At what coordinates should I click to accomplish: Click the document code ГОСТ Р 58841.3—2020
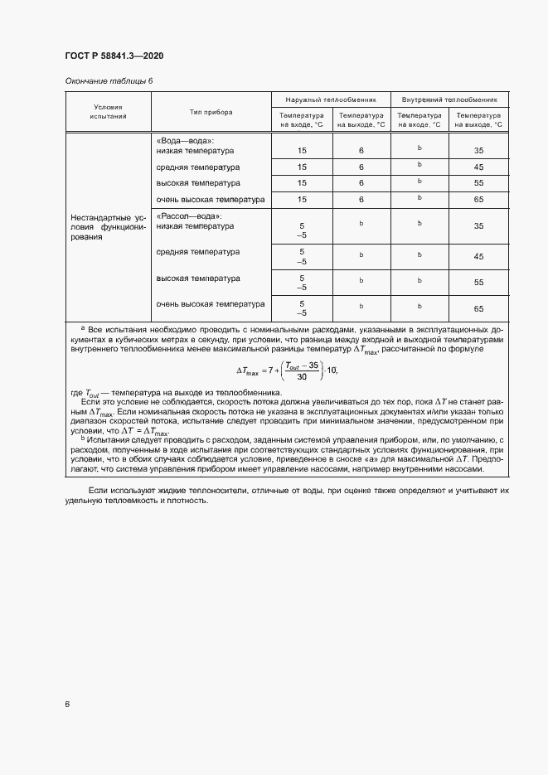point(114,56)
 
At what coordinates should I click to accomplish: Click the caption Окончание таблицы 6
point(109,80)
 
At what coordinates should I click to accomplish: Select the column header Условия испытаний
point(108,113)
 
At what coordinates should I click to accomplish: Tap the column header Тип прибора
point(211,112)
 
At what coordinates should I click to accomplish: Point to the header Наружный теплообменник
point(332,98)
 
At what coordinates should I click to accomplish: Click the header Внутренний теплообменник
point(449,98)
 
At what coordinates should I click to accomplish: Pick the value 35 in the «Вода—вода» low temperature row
point(478,151)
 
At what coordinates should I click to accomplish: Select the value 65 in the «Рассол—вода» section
point(478,308)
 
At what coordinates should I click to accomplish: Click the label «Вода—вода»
point(185,141)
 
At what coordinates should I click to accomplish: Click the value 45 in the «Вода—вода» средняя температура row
point(478,167)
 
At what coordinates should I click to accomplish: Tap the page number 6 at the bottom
point(67,705)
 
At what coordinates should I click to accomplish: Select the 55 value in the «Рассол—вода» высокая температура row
point(478,282)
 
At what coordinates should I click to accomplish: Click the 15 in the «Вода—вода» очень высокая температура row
point(302,200)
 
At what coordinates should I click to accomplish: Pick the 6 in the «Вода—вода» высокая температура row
point(361,183)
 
